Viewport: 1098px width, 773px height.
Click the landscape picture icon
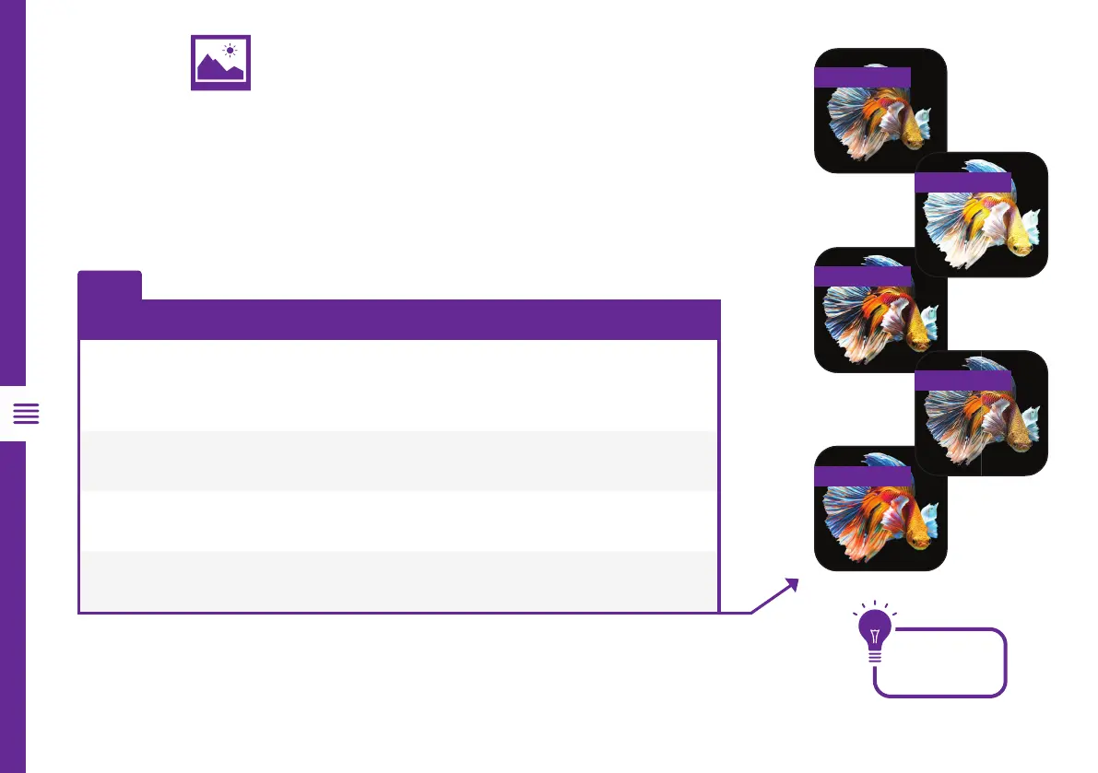(x=220, y=64)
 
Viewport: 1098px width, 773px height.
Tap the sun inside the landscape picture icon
(x=230, y=51)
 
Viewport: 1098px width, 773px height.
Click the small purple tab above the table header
(x=110, y=284)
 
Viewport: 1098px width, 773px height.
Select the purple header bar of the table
(x=398, y=319)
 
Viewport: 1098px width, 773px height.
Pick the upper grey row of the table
(x=398, y=460)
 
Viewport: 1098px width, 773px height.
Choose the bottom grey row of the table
(x=398, y=580)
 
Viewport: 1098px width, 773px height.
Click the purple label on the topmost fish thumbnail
(x=862, y=76)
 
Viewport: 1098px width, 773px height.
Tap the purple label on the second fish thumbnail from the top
(x=962, y=182)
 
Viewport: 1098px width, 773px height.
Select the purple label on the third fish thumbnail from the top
(x=862, y=275)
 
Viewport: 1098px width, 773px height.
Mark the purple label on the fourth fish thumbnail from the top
(x=962, y=379)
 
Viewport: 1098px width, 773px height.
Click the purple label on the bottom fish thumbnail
(x=862, y=474)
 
